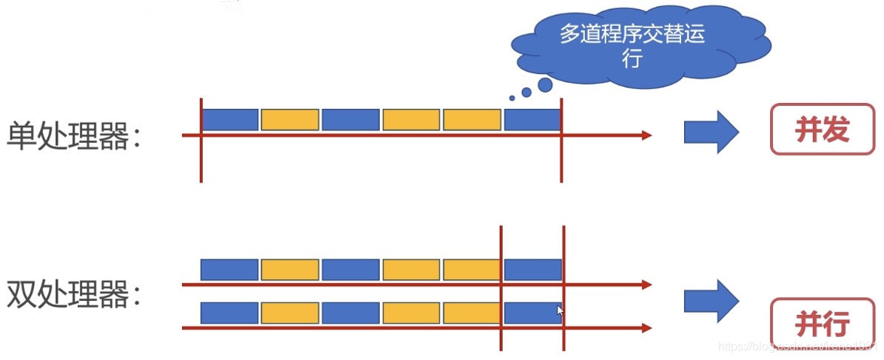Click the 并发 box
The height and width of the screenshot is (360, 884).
(822, 130)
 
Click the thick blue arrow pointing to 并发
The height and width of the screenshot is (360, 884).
(711, 133)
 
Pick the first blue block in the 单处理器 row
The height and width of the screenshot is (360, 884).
(230, 119)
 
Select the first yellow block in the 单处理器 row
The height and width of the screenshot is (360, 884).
(290, 119)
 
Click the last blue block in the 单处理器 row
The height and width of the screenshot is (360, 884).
(532, 119)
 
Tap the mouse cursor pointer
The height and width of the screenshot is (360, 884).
(560, 311)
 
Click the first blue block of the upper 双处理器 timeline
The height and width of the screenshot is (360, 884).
(230, 270)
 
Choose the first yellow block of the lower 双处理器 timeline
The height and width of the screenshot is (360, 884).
(290, 313)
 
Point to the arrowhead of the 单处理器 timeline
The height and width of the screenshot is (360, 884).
(646, 135)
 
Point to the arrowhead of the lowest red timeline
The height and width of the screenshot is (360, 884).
(646, 327)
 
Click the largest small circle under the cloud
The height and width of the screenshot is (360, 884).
(545, 84)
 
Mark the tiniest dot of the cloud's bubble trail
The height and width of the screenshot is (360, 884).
(512, 98)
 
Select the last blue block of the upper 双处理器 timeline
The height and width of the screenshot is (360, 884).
(532, 270)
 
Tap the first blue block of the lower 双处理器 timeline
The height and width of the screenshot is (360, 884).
(230, 313)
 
